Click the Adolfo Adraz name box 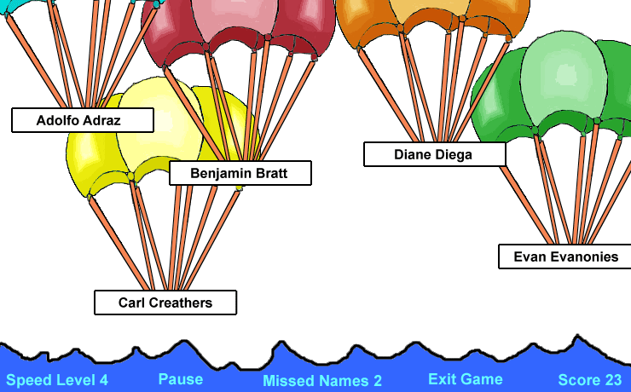point(83,120)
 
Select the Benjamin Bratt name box point(240,173)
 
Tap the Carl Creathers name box point(165,303)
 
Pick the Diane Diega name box point(435,154)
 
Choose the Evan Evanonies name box point(565,257)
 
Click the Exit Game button point(466,379)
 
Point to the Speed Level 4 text point(57,380)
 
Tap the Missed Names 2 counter point(322,380)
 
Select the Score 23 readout point(590,380)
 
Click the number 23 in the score point(612,380)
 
